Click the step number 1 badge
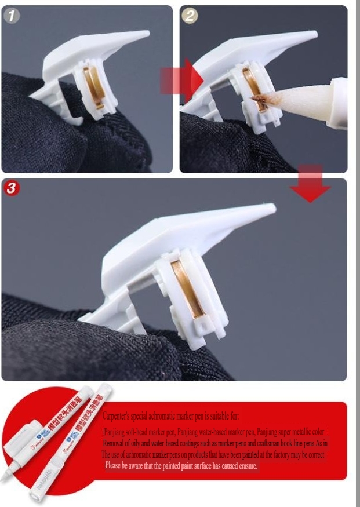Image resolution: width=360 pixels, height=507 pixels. (12, 16)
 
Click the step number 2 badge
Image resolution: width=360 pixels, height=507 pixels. (190, 16)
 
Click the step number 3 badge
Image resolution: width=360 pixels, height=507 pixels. (12, 189)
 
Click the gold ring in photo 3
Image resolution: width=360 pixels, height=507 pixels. (186, 288)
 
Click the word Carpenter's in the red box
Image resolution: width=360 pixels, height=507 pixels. (119, 416)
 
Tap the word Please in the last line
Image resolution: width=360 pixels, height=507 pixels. (114, 466)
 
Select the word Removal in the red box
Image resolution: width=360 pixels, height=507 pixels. (115, 443)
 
